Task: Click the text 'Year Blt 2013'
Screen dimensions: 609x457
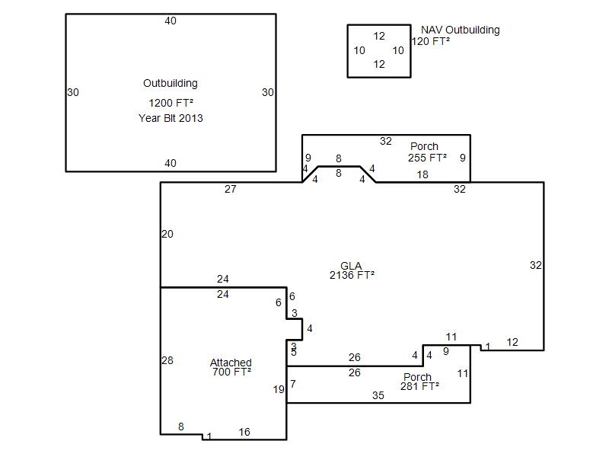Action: coord(171,118)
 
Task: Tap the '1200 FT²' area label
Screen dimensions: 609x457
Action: coord(171,103)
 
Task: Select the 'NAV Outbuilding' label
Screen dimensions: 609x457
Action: coord(461,30)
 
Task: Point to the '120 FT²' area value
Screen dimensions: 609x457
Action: coord(431,41)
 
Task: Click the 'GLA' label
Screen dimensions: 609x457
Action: coord(351,266)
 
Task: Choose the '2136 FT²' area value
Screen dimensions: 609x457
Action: coord(352,275)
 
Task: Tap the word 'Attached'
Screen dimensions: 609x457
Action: coord(231,363)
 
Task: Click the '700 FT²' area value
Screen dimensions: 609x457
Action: coord(231,372)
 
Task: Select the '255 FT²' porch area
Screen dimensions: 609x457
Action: coord(427,158)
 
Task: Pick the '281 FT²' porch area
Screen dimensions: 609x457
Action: coord(420,386)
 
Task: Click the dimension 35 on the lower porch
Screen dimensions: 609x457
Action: coord(378,395)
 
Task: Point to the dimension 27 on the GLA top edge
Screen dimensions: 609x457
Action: coord(231,189)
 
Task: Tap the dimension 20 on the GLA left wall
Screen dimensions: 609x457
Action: coord(167,235)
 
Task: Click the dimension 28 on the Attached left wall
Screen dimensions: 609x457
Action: coord(167,360)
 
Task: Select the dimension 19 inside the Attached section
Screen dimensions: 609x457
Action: coord(279,389)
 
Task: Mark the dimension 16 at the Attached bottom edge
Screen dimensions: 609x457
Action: coord(244,432)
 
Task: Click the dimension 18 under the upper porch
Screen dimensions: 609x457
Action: coord(422,175)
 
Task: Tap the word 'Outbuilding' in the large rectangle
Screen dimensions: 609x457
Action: coord(171,83)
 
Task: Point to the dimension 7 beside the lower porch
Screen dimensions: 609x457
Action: coord(293,384)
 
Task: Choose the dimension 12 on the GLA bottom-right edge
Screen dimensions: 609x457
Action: coord(512,342)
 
